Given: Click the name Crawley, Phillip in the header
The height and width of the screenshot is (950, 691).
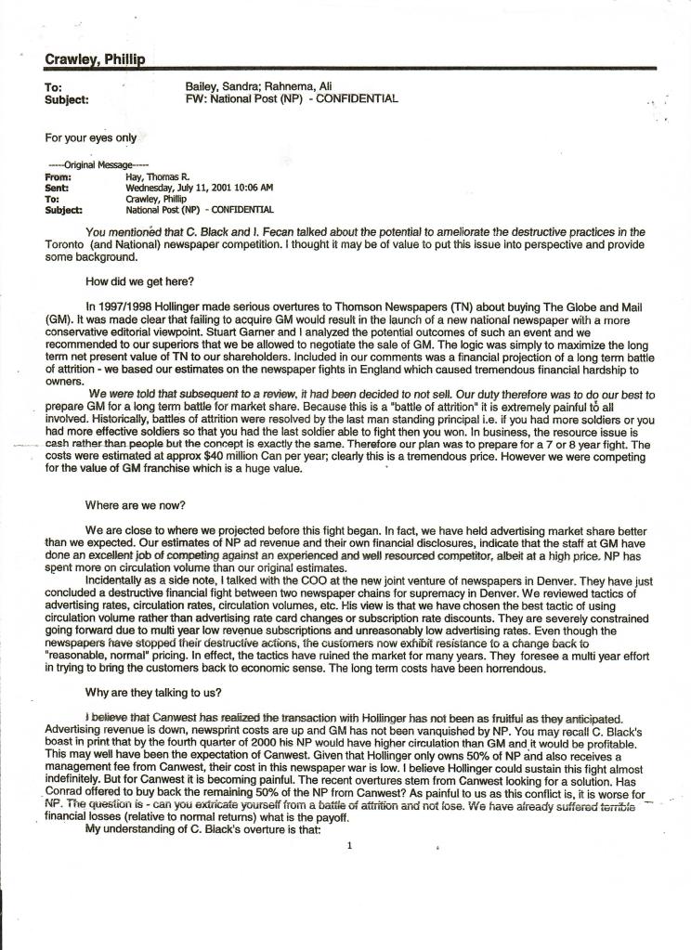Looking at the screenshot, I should (x=93, y=59).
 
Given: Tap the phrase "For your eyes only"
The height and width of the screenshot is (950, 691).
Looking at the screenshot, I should (x=91, y=137).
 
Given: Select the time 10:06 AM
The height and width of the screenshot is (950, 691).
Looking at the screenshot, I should (x=254, y=187).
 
